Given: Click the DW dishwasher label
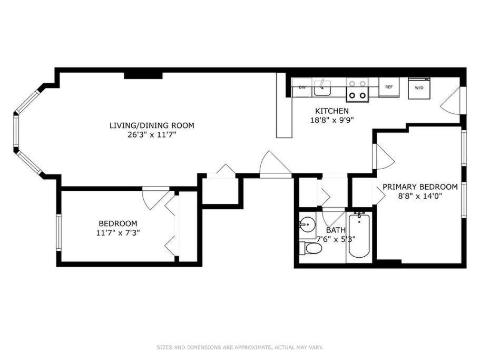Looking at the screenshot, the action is tap(302, 87).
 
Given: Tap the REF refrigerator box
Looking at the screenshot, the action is tap(389, 87).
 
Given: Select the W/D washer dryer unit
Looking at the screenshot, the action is tap(419, 88).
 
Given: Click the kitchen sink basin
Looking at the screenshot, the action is tap(322, 88).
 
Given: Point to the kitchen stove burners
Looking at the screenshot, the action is tap(358, 90).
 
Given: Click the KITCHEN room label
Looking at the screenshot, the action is tap(332, 111).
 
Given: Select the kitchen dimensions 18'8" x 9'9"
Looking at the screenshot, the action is tap(332, 120).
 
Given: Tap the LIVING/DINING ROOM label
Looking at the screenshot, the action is tap(152, 125).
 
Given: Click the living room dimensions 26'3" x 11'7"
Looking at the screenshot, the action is tap(152, 135).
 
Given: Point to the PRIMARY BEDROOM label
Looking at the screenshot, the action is tap(420, 187).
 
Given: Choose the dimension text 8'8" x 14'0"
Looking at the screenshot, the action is tap(420, 196).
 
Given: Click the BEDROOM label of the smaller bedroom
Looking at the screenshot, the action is tap(118, 224).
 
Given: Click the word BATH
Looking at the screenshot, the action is tap(336, 230).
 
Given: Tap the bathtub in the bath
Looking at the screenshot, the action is tap(359, 236).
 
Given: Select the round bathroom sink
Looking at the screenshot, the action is tap(307, 225).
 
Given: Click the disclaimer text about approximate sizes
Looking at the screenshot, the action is tap(240, 347).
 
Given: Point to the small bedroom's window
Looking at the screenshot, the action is tap(58, 232).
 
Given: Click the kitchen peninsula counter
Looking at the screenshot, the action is tap(285, 105).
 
